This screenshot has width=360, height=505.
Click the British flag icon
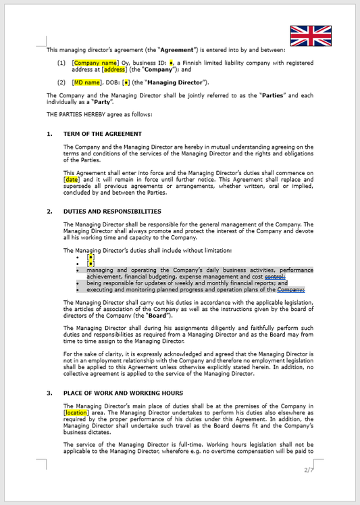click(x=311, y=36)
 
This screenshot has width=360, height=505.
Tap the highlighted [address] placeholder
click(x=114, y=69)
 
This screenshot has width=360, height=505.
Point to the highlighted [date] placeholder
click(x=72, y=180)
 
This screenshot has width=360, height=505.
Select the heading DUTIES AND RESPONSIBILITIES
click(x=112, y=211)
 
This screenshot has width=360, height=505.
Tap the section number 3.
click(x=49, y=392)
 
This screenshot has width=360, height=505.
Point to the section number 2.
click(x=49, y=211)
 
